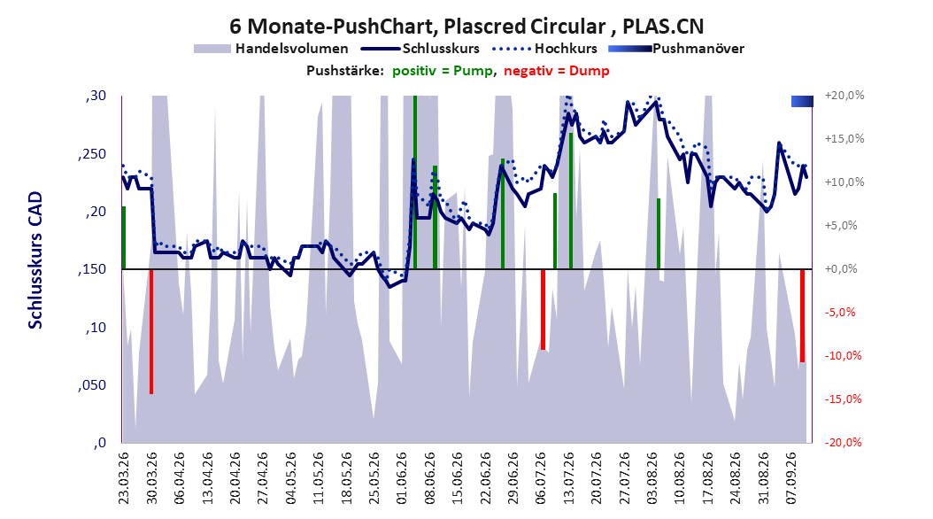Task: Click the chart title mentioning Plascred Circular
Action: (466, 27)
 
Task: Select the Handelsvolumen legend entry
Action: (272, 49)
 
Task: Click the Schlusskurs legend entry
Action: (420, 49)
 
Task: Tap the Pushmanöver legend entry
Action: (676, 49)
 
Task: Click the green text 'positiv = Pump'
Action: (443, 71)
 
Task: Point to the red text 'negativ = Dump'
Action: (557, 71)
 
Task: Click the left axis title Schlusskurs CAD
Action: (35, 260)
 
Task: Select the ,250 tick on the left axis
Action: (92, 154)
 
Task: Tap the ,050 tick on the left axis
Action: (92, 385)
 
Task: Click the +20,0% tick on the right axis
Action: (844, 96)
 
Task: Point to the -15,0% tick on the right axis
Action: (843, 399)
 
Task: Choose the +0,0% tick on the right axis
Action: (841, 269)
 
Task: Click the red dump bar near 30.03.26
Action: (151, 331)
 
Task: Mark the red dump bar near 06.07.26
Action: (543, 309)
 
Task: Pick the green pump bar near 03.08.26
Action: (659, 234)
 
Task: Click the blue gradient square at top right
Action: (802, 101)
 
